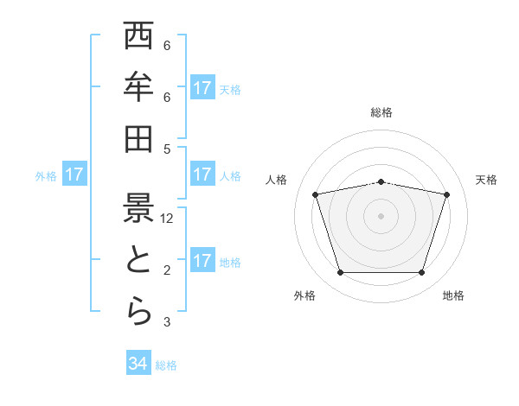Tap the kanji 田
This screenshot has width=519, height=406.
[x=138, y=138]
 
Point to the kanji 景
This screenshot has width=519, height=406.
[x=138, y=207]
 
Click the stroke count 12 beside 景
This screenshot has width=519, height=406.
[x=168, y=219]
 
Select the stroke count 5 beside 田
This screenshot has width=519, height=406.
[x=167, y=149]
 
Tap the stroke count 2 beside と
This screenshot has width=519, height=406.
[x=167, y=270]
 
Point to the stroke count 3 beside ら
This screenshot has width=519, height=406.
[x=167, y=322]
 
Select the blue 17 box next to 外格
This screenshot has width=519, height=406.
[x=74, y=175]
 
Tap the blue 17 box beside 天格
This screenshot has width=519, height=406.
[x=202, y=88]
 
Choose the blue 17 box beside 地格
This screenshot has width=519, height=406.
[x=202, y=261]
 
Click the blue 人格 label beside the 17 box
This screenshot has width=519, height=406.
[x=230, y=175]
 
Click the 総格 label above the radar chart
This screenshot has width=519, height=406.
[x=381, y=112]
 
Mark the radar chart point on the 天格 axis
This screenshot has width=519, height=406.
[x=446, y=194]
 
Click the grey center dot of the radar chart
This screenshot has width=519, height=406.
[x=381, y=215]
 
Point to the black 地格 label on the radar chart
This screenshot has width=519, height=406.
[x=453, y=295]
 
